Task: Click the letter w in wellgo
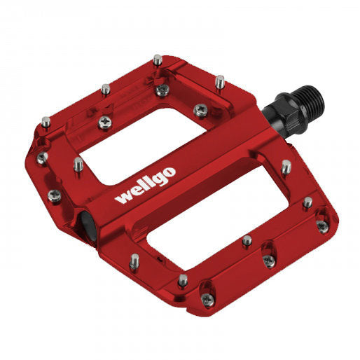coord(124,198)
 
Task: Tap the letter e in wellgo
coord(137,190)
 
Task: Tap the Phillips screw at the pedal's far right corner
coord(322,226)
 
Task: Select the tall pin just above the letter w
coord(78,164)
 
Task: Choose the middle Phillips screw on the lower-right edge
coord(268,261)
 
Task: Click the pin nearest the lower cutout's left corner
coord(132,263)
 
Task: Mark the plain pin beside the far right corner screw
coord(307,202)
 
